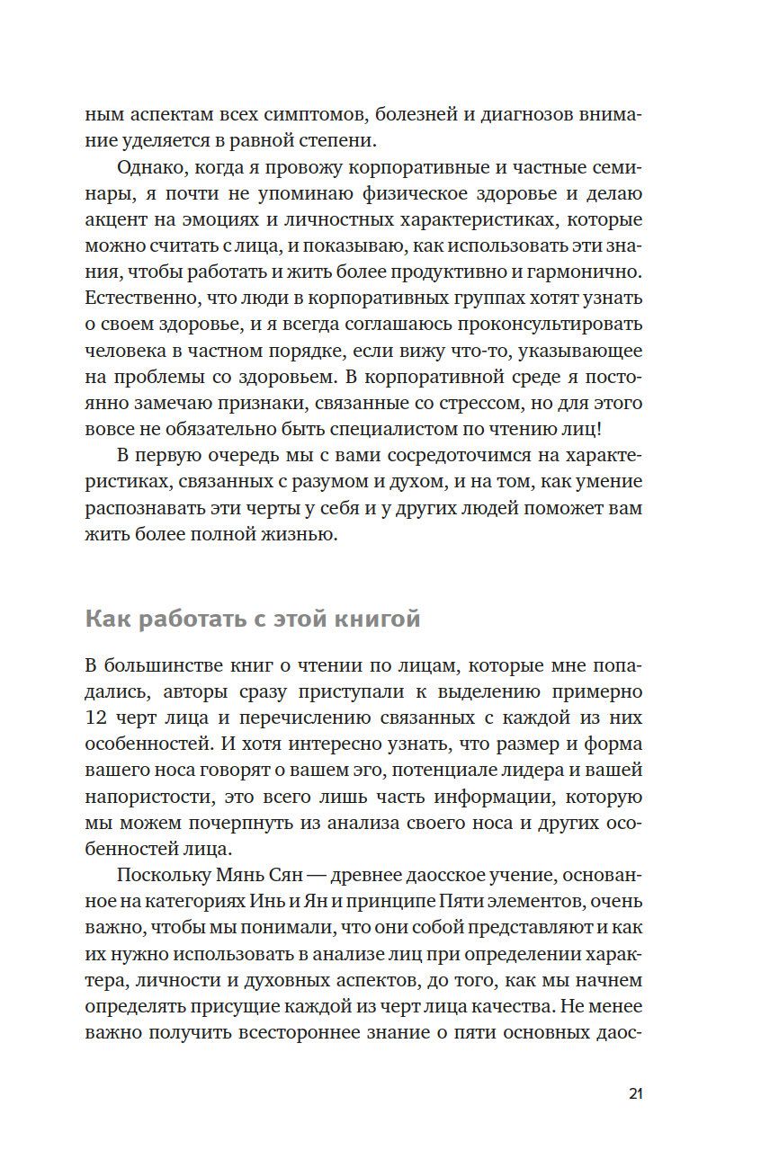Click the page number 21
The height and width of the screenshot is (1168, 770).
point(635,1093)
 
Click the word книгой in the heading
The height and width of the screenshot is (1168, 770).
point(377,620)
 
